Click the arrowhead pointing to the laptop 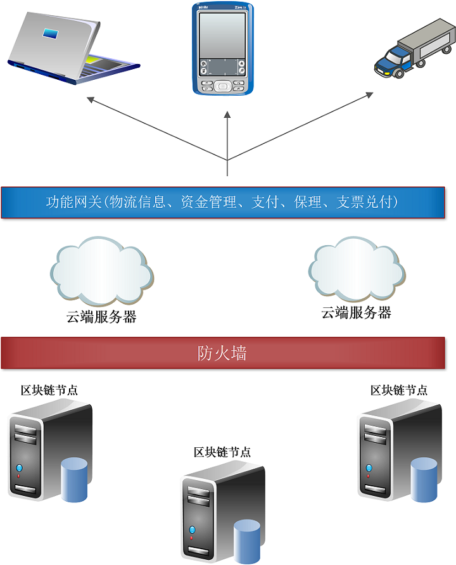(90, 98)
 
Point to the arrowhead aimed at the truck (370, 94)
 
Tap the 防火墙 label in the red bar (222, 353)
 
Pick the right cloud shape (357, 269)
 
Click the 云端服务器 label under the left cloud (101, 317)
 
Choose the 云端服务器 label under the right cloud (357, 312)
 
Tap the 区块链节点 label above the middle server (222, 452)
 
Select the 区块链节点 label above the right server (399, 390)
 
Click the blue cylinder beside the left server (74, 481)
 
